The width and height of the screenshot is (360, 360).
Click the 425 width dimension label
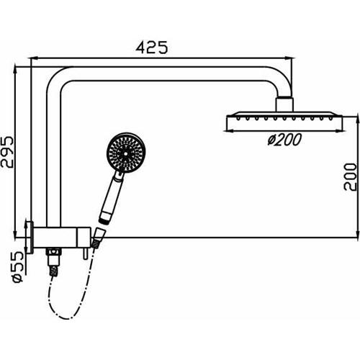153,48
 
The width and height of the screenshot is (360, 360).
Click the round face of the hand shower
125,153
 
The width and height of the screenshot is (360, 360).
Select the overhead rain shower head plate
284,118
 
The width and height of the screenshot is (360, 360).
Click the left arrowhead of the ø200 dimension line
230,130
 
